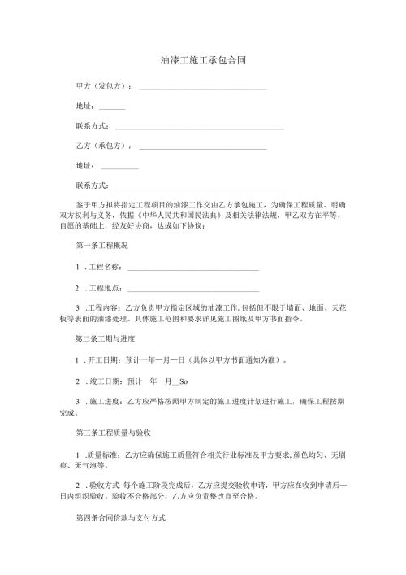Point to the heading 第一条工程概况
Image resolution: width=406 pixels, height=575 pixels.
tap(101, 246)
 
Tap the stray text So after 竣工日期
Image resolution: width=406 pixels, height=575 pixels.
tap(183, 381)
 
